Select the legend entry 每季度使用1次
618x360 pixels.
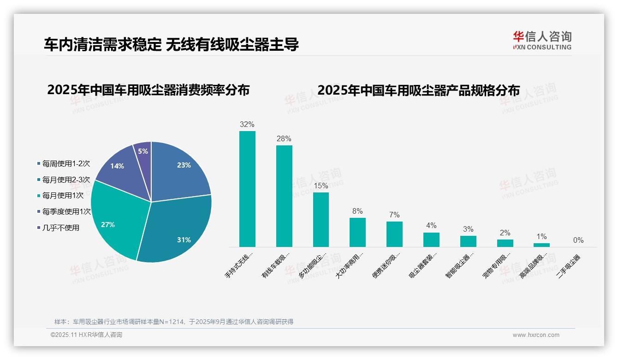tap(64, 211)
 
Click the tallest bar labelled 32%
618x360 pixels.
tap(247, 189)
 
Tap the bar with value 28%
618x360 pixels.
tap(284, 196)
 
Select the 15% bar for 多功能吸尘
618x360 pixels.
tap(321, 220)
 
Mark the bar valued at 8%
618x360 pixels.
tap(357, 232)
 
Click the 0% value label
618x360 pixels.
tap(578, 240)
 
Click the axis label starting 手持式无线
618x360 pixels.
tap(239, 265)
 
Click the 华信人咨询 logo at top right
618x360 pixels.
tap(542, 40)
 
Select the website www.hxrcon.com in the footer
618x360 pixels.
tap(536, 335)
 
